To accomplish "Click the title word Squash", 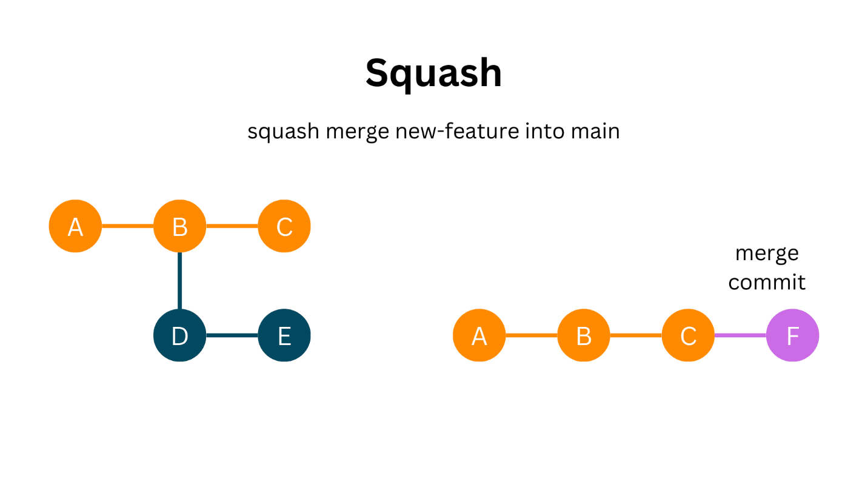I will [433, 73].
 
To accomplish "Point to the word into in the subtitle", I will [545, 130].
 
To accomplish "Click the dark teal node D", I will [179, 335].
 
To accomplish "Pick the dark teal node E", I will [284, 335].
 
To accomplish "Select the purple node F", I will [792, 335].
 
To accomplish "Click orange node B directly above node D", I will [179, 226].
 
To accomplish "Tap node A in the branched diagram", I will [75, 226].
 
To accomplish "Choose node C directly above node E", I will [284, 226].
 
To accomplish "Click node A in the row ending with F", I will [479, 335].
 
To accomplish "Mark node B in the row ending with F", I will [583, 335].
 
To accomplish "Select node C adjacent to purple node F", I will [688, 335].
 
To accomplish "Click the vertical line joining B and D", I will [179, 281].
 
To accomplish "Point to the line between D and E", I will [232, 335].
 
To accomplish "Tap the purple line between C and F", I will [740, 335].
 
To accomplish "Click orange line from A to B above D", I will [127, 226].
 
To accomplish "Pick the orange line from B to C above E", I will [232, 226].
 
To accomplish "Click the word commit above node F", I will [767, 282].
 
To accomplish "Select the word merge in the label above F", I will [767, 253].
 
